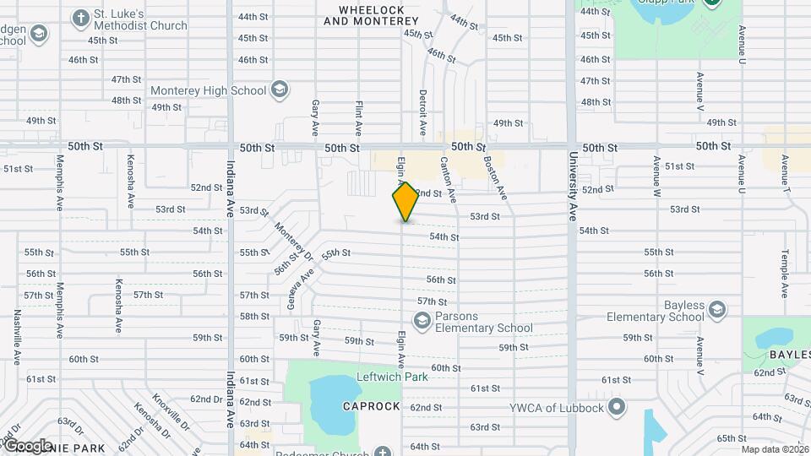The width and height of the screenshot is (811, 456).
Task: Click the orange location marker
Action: [x=405, y=202]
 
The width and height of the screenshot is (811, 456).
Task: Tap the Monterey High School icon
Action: [x=280, y=90]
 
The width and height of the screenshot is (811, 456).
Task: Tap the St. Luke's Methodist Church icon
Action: [x=81, y=18]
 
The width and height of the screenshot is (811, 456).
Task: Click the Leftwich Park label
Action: [x=393, y=376]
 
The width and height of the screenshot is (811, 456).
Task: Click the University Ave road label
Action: [x=573, y=186]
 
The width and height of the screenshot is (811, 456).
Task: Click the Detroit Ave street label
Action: [x=423, y=113]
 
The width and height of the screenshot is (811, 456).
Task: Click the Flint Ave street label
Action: [x=359, y=119]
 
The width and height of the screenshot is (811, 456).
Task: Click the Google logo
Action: [x=28, y=445]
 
